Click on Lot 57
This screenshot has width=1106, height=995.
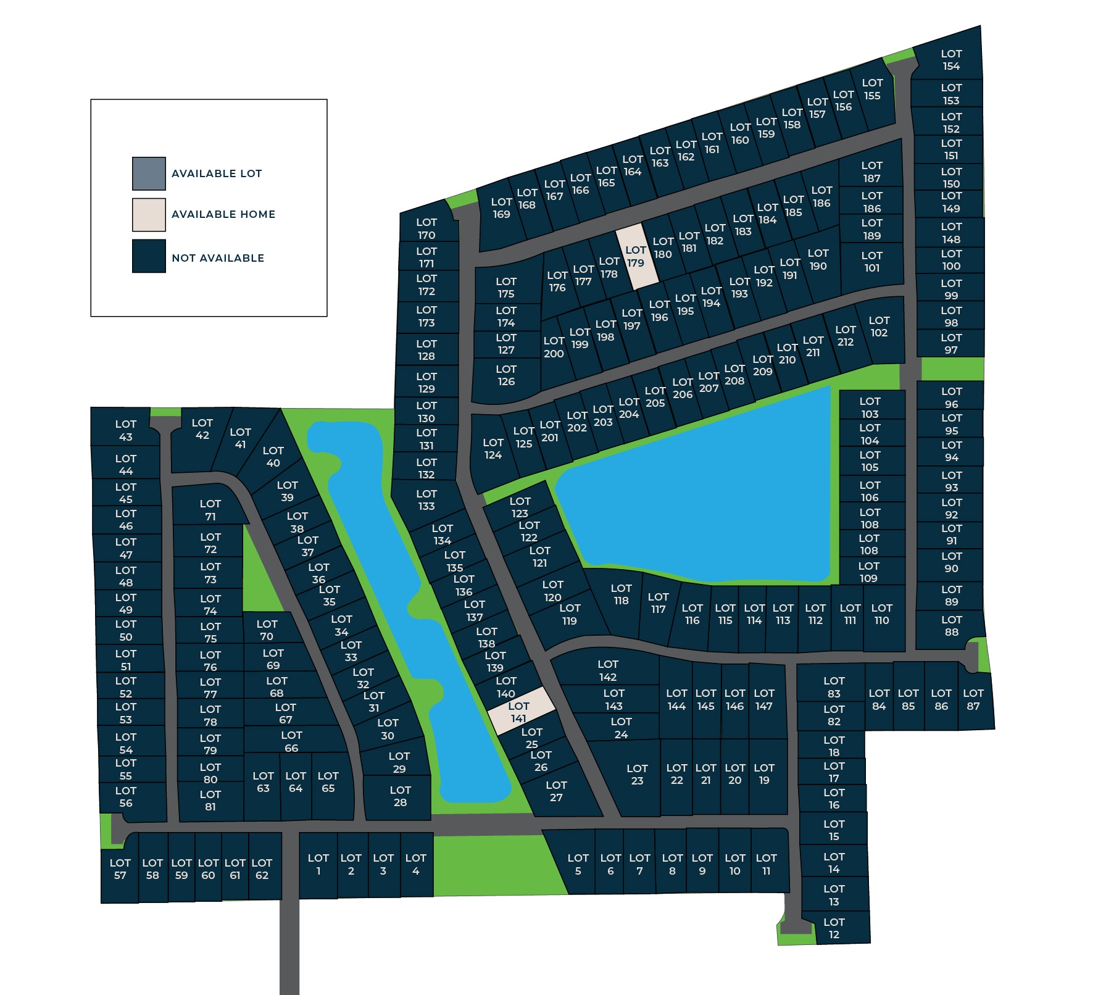coord(120,869)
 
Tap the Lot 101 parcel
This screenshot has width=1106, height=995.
coord(871,262)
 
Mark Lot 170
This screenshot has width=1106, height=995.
coord(426,228)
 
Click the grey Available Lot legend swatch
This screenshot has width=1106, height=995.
coord(149,173)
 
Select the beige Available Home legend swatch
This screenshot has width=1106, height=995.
coord(149,215)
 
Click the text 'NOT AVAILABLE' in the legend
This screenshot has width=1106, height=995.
coord(218,258)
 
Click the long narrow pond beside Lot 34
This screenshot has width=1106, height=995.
coord(395,586)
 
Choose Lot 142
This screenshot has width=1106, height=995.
coord(607,670)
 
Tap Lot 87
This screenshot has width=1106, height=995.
coord(974,700)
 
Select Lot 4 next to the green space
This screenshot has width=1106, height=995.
coord(416,864)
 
